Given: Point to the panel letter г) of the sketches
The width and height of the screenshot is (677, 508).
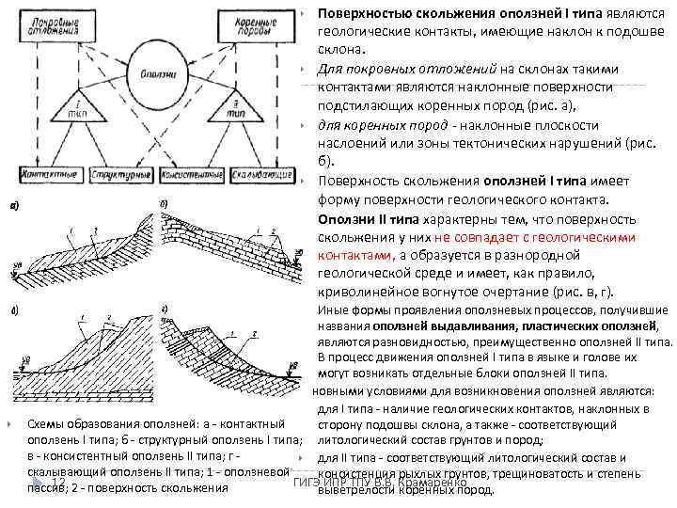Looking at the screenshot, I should [165, 309].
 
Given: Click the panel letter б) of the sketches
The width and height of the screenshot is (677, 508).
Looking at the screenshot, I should [165, 203].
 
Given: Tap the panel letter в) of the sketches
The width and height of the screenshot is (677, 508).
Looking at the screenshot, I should [14, 310].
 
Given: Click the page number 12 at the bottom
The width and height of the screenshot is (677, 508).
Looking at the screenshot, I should [56, 483].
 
